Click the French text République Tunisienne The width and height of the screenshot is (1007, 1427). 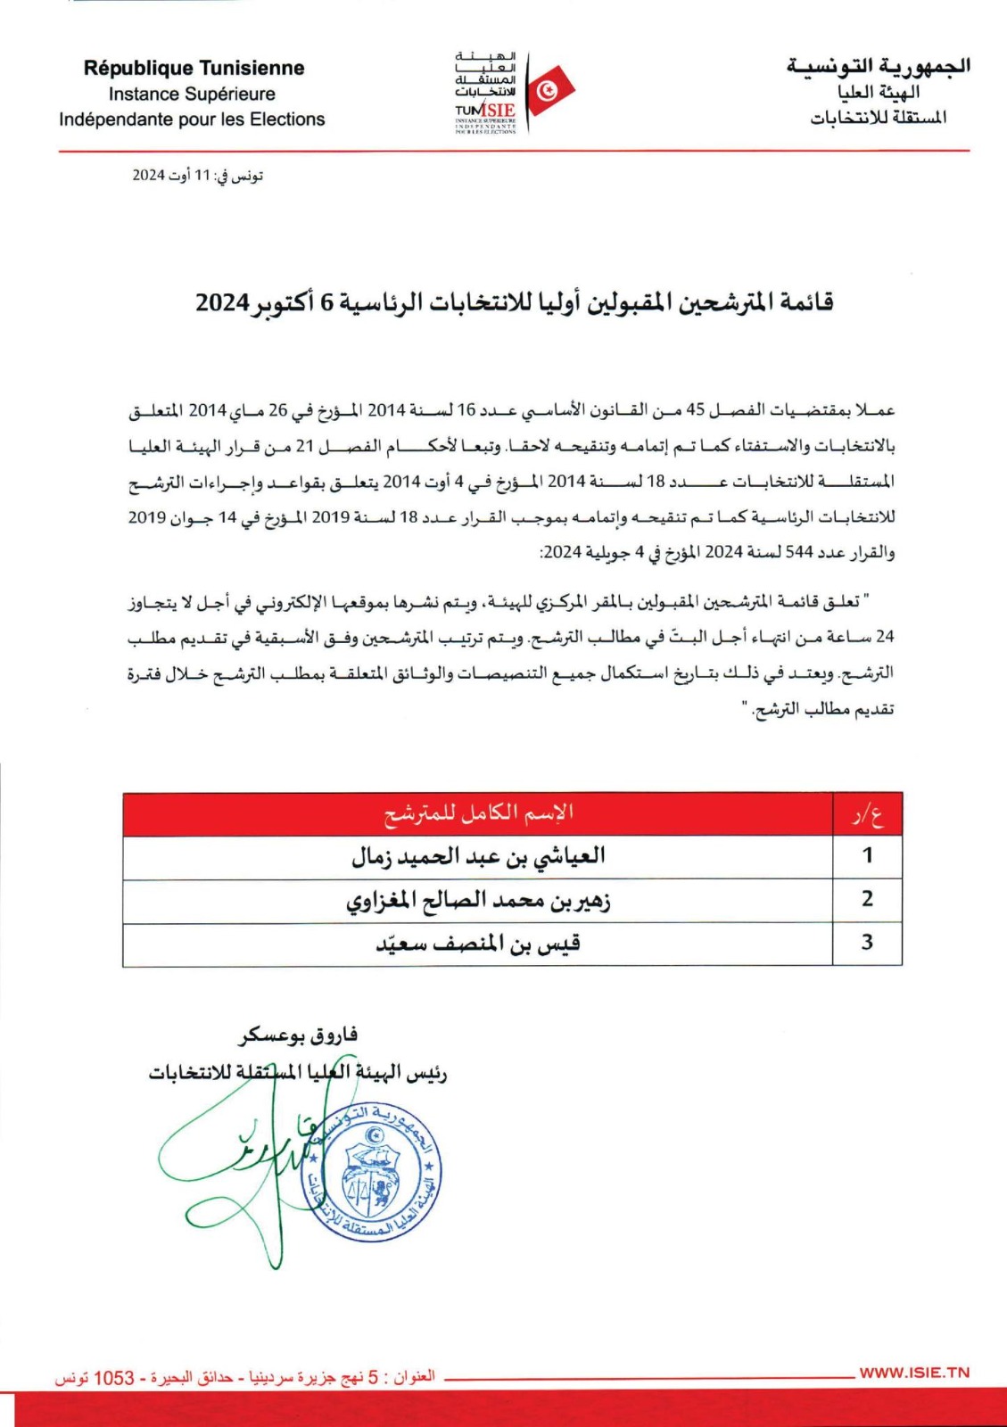(194, 69)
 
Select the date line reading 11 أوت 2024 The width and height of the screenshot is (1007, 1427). (197, 176)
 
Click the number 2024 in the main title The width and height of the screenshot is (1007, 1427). (222, 303)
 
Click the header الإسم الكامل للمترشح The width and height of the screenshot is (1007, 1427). (478, 813)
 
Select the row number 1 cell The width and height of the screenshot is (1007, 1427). (867, 857)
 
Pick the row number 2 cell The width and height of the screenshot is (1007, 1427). (867, 900)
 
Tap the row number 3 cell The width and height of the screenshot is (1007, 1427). (867, 944)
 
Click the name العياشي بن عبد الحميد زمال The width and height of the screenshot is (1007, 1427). (478, 857)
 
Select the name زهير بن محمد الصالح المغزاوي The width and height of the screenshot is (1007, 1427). (478, 901)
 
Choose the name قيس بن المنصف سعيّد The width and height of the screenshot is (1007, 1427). (478, 944)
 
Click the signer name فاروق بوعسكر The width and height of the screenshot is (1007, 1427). (298, 1035)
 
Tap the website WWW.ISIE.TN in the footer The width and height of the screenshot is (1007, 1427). (913, 1373)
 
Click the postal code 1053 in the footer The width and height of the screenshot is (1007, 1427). (114, 1378)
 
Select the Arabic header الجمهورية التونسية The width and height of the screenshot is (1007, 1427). (878, 67)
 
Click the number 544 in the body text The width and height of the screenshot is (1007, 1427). (798, 553)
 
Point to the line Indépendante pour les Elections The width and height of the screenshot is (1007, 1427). (192, 120)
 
